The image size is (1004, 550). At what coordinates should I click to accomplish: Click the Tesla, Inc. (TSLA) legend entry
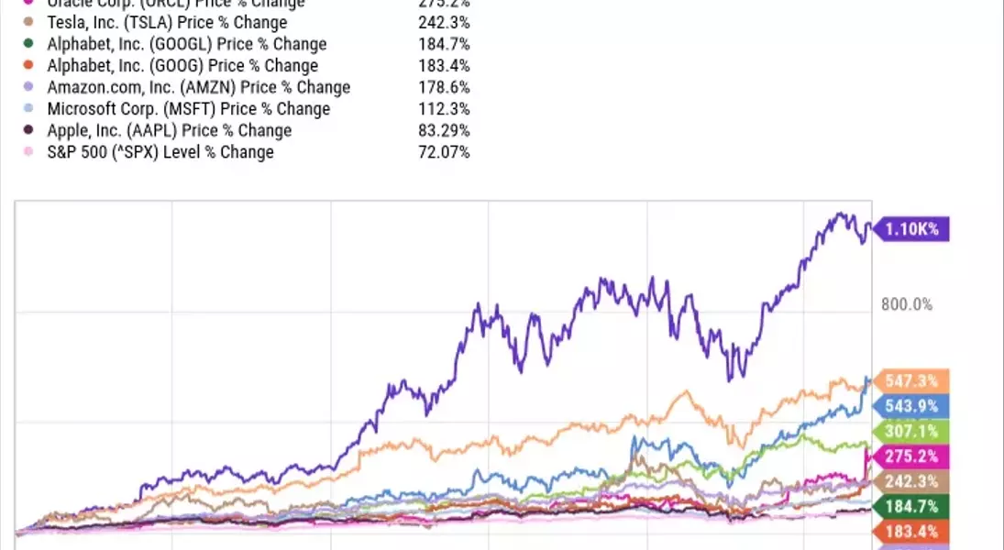[x=166, y=22]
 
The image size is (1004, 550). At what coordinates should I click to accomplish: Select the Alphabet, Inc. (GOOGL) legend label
[x=186, y=44]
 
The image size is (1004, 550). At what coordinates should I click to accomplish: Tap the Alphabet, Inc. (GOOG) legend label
[x=182, y=65]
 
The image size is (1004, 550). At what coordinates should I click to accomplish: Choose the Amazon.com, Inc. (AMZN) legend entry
[x=198, y=87]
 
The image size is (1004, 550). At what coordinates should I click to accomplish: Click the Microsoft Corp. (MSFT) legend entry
[x=188, y=108]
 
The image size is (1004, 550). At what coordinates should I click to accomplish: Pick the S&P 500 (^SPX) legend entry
[x=160, y=151]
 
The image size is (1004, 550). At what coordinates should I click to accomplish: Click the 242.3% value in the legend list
[x=444, y=22]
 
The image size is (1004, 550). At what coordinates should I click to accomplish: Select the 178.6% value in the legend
[x=444, y=87]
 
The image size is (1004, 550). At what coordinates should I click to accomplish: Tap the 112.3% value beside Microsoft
[x=444, y=108]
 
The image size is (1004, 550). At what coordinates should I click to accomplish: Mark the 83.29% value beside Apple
[x=444, y=130]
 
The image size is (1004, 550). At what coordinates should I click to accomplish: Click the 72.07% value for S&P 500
[x=444, y=151]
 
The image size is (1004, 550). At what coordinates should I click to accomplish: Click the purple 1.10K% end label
[x=913, y=229]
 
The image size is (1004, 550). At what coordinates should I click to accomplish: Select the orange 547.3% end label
[x=912, y=380]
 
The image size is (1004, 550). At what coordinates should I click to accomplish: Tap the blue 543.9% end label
[x=912, y=406]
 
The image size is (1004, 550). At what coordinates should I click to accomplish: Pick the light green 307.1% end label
[x=912, y=431]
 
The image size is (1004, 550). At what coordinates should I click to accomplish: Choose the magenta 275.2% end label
[x=912, y=456]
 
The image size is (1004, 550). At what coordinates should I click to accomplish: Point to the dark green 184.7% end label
[x=912, y=506]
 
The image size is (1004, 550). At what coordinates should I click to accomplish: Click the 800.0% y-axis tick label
[x=906, y=304]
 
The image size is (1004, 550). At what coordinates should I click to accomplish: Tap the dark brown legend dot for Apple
[x=28, y=130]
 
